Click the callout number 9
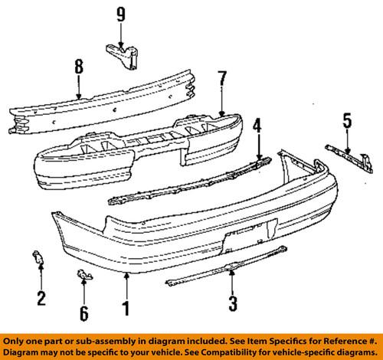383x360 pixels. tap(119, 13)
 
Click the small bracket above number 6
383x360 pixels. tap(85, 275)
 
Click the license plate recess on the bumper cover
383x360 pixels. tap(249, 234)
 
